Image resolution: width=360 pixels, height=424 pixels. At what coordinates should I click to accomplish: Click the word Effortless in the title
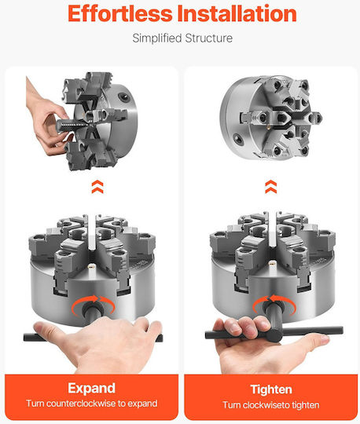tap(120, 13)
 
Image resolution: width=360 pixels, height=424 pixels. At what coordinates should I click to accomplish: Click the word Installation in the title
tap(237, 13)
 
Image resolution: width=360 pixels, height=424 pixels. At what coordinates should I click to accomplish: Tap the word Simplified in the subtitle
tap(156, 38)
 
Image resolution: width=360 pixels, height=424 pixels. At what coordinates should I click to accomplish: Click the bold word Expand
tap(91, 389)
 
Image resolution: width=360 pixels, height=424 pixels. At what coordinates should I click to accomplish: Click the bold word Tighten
tap(271, 389)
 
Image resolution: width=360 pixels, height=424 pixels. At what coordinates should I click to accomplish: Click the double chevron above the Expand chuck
tap(97, 187)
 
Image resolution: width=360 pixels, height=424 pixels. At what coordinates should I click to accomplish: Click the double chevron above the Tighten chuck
tap(271, 187)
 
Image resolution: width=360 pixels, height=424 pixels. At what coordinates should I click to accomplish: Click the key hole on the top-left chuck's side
tap(123, 97)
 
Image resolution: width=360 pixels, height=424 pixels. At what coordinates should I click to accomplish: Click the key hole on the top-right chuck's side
tap(239, 139)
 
